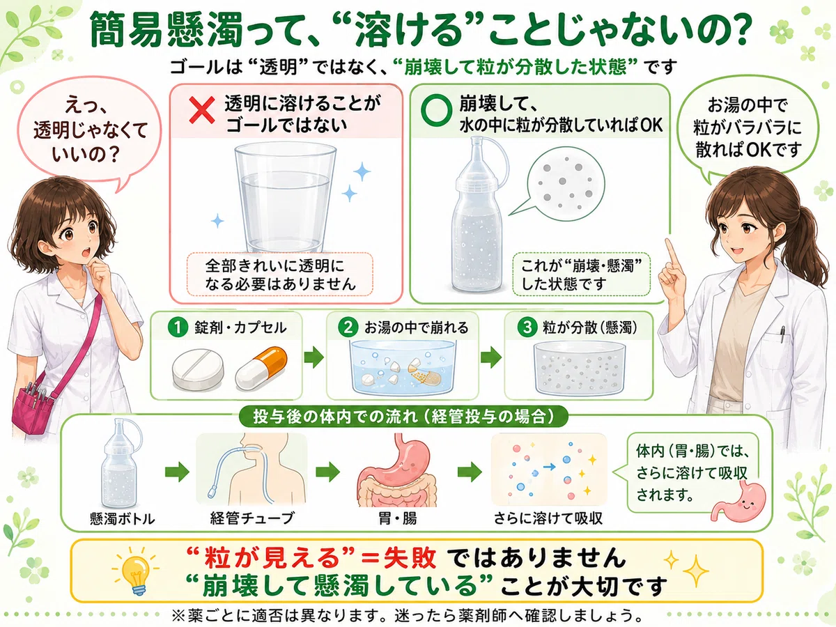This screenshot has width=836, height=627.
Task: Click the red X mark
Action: (202, 110)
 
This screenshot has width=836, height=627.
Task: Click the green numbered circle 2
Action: (348, 327)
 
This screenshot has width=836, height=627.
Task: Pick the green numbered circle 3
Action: (527, 327)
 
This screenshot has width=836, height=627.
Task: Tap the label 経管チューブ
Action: (252, 518)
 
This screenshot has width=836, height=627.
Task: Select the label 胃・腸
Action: (397, 518)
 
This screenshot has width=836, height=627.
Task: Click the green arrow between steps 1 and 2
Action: (314, 357)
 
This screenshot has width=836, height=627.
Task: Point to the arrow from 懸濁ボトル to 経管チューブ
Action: (177, 472)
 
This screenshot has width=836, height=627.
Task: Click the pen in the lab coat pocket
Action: (782, 334)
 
